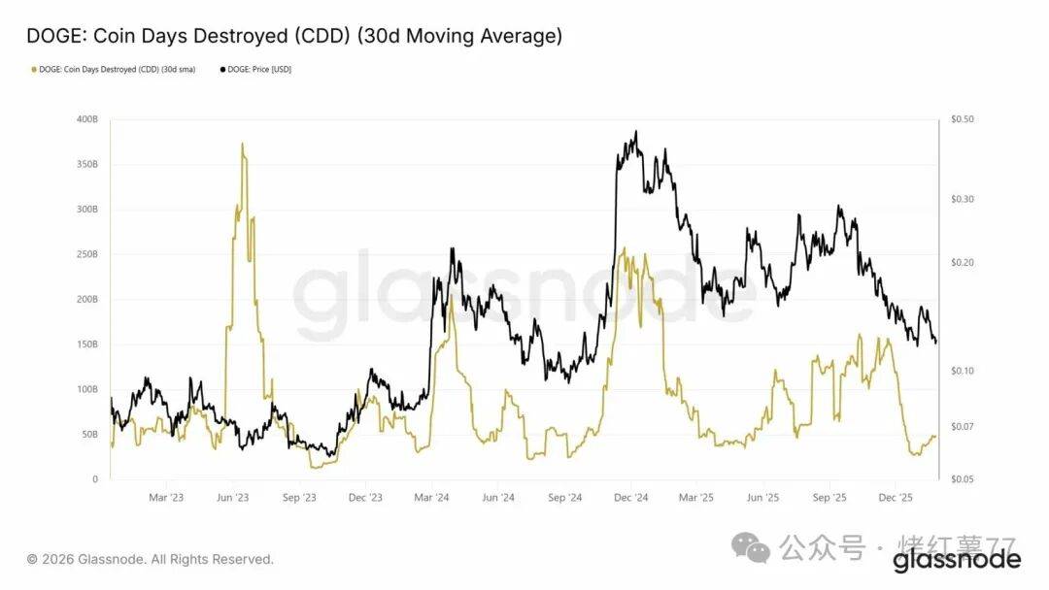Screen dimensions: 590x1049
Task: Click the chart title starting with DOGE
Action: coord(294,36)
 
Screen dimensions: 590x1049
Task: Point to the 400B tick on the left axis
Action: coord(86,119)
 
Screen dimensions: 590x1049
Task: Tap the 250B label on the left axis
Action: coord(86,254)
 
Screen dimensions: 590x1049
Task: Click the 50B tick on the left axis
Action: coord(88,434)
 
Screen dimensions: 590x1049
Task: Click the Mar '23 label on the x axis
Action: coord(166,498)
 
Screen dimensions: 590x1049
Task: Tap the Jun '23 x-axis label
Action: coord(233,498)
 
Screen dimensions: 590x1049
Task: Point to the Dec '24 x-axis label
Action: coord(631,498)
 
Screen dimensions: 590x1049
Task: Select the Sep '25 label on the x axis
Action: coord(829,498)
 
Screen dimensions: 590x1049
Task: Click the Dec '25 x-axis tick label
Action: coord(895,498)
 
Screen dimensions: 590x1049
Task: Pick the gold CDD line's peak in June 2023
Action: coord(242,144)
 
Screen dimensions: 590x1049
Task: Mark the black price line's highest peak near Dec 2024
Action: coord(636,132)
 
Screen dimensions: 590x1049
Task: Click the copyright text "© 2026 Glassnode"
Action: coord(151,559)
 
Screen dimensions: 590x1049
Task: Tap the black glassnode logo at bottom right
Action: coord(957,560)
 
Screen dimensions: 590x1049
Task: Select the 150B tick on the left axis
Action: coord(86,344)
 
